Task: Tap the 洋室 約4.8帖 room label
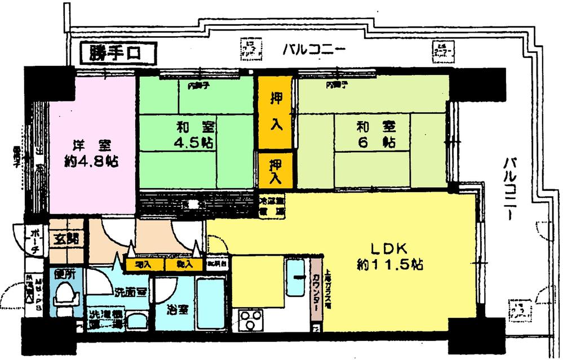coord(90,153)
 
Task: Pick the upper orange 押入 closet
coord(276,112)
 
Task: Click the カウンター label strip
coord(316,293)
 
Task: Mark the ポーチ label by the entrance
coord(34,242)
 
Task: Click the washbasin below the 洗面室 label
coord(136,321)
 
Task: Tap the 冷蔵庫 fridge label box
coord(272,205)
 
